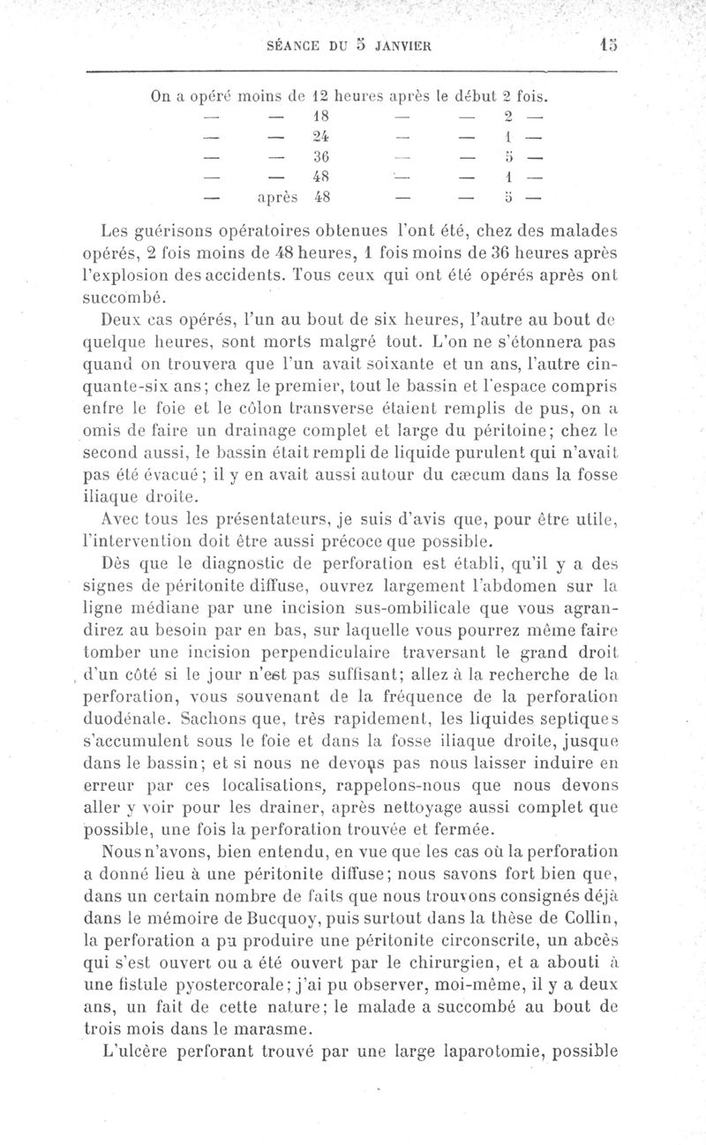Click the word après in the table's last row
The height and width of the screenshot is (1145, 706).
[277, 198]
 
